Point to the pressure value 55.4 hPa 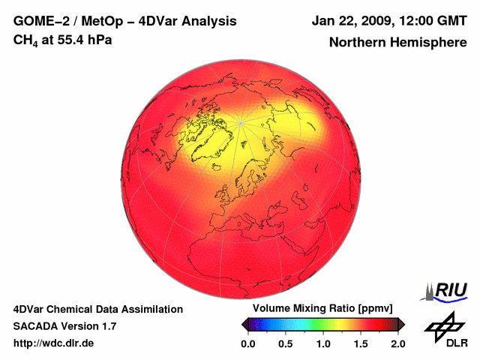[x=84, y=40]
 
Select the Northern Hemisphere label [x=397, y=43]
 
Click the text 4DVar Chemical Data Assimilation [x=97, y=309]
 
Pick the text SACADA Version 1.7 [x=64, y=326]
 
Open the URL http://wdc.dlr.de [x=54, y=343]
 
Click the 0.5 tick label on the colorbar [x=286, y=343]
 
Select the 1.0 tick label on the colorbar [x=323, y=343]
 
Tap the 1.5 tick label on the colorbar [x=361, y=343]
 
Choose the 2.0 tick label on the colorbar [x=397, y=343]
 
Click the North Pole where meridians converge [x=240, y=122]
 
